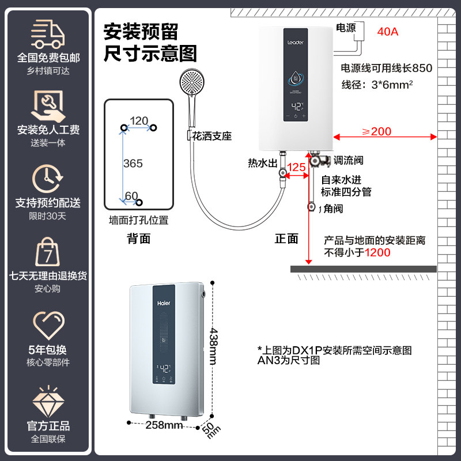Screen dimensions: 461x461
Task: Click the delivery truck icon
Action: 48,34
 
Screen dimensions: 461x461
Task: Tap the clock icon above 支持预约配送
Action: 48,179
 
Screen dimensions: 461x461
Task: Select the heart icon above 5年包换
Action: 48,326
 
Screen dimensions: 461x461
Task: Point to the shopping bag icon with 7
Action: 48,252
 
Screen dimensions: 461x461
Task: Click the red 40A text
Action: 387,32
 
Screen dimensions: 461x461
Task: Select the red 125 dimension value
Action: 296,167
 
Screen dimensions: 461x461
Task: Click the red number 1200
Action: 377,252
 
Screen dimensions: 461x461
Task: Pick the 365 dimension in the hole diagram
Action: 133,164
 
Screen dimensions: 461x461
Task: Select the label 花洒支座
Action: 212,137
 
